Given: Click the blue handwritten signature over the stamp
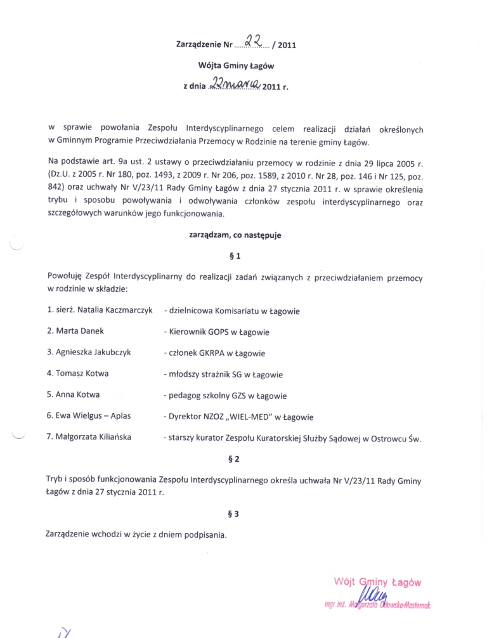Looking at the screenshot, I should click(370, 596).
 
